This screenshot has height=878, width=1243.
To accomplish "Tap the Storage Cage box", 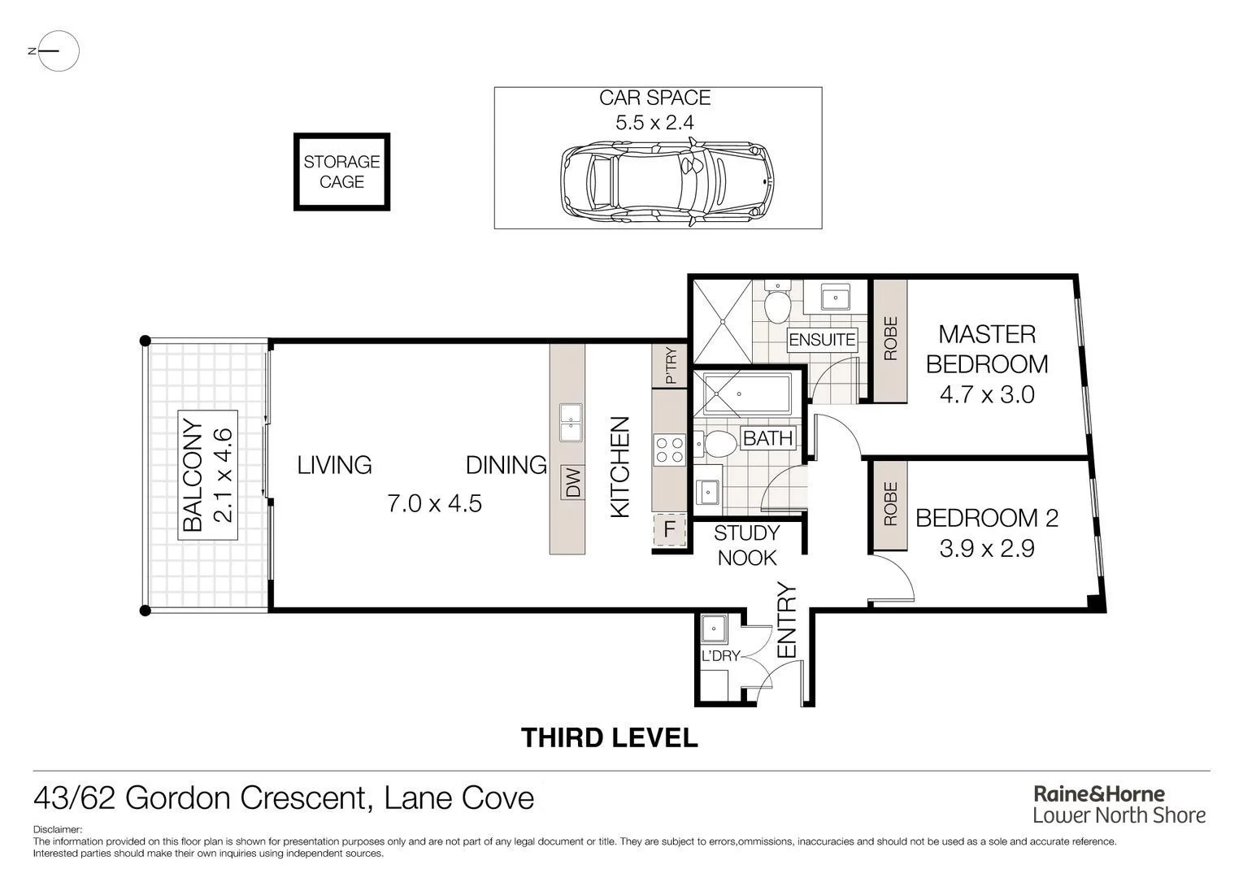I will point(341,172).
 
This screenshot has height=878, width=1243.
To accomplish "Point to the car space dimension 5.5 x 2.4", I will point(654,123).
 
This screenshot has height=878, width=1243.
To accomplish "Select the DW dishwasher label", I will point(573,483).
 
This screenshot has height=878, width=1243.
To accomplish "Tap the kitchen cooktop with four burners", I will point(670,450).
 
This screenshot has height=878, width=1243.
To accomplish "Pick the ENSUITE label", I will point(822,339).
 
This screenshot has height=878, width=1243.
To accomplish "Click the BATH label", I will point(767,438).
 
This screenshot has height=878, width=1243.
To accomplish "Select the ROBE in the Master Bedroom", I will point(889,339).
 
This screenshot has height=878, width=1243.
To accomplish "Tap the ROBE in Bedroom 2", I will point(889,504).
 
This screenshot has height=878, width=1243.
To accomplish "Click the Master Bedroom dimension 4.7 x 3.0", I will point(986,395).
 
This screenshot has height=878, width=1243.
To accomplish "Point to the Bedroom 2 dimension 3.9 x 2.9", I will point(986,549).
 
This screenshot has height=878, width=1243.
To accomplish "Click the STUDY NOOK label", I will point(746,545).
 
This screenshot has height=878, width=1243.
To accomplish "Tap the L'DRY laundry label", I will point(720,655).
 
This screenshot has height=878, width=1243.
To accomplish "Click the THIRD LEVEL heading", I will point(609,737).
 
